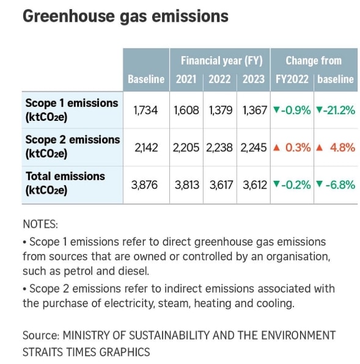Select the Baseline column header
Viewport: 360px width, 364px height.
146,79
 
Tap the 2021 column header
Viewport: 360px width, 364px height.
186,79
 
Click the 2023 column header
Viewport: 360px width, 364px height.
254,79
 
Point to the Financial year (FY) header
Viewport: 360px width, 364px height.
221,60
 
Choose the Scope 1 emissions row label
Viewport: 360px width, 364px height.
72,109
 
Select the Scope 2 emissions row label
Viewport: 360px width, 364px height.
72,146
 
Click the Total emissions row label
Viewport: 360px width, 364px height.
65,183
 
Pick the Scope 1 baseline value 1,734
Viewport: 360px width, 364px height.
145,111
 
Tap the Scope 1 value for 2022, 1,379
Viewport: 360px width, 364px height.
221,111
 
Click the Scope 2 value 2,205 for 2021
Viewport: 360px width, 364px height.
186,147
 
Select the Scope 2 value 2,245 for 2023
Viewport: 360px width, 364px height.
254,147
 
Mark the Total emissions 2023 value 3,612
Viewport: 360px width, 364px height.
254,184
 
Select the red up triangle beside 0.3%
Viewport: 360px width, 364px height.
277,147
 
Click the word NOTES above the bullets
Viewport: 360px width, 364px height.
40,224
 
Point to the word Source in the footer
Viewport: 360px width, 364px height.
39,335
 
